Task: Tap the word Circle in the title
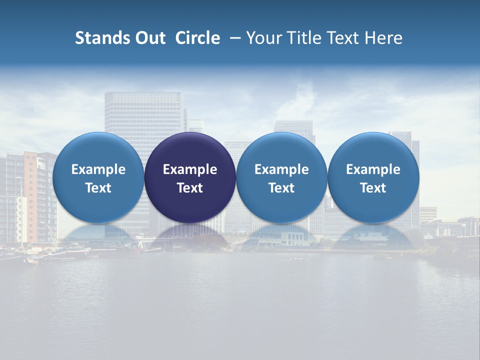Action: (x=197, y=38)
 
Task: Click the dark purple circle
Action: (x=190, y=177)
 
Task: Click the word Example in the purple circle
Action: (x=190, y=169)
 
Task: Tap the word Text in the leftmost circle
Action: (x=98, y=188)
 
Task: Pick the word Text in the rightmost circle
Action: (x=373, y=188)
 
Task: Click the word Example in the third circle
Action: (x=281, y=169)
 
